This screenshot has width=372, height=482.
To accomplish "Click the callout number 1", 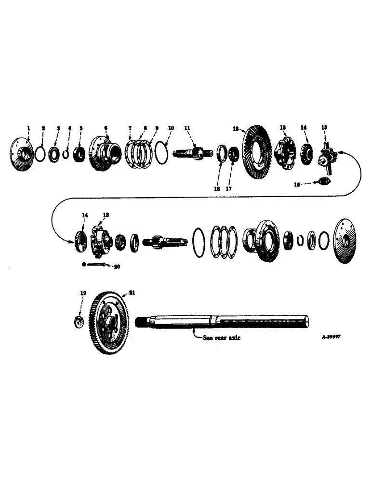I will (28, 128).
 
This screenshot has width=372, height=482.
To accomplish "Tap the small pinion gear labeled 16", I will (324, 181).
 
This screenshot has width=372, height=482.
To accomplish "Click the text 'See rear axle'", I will (222, 338).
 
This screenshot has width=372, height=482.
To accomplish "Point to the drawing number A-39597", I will (332, 338).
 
